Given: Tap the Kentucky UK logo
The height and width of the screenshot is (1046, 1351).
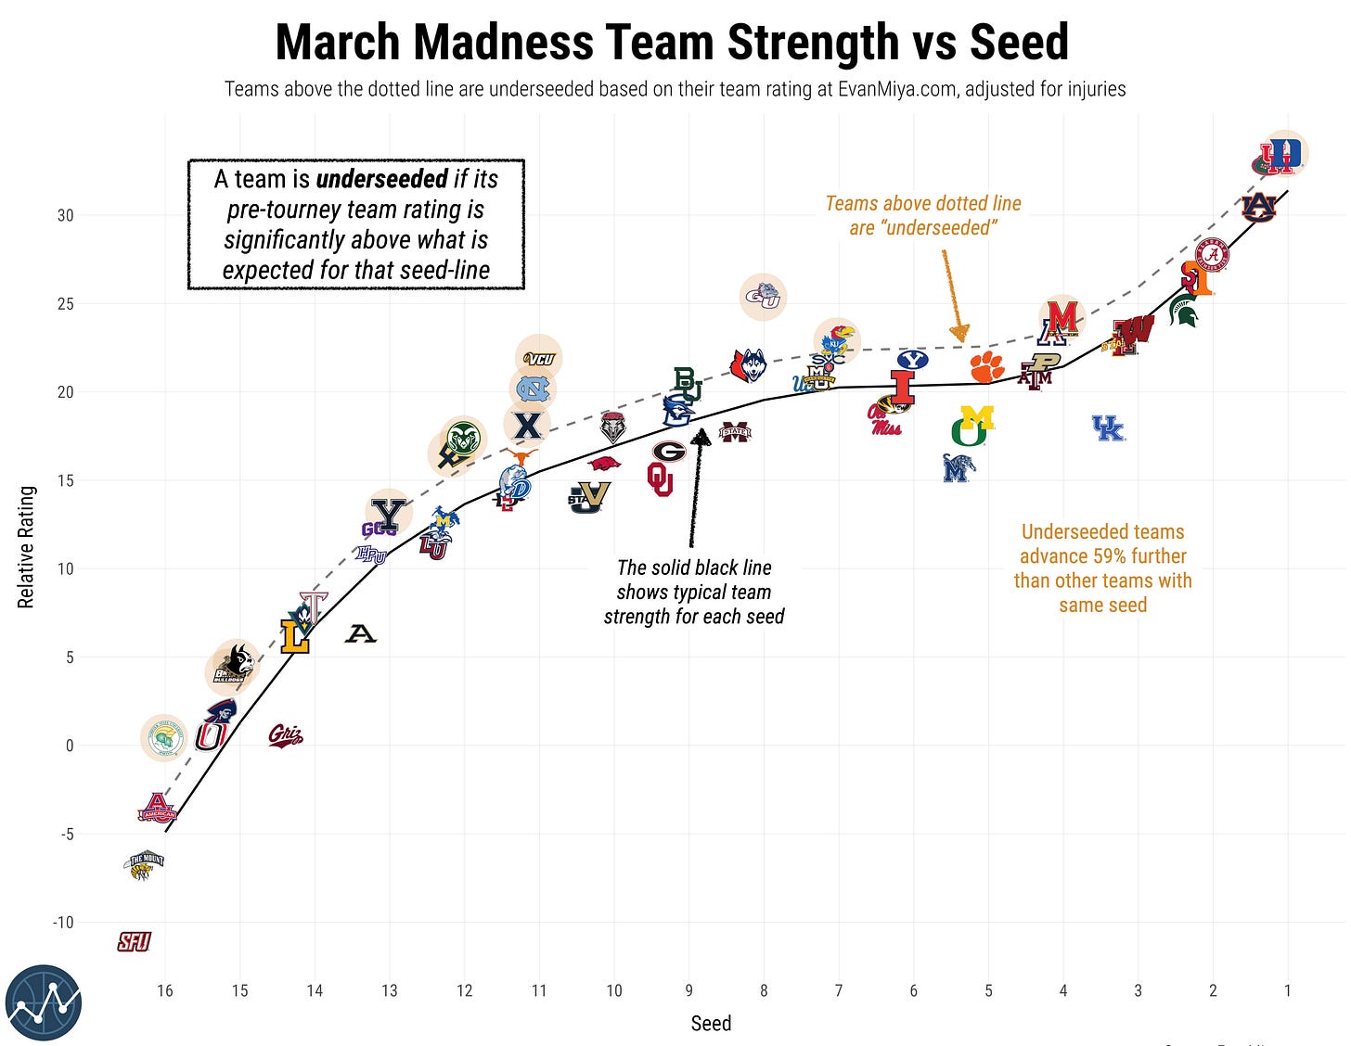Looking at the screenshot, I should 1108,427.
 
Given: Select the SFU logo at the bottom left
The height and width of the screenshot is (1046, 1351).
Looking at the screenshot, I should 134,942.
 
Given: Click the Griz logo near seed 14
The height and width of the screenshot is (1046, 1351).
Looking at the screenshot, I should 285,736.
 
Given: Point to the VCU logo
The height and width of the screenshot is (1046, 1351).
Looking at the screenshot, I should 539,359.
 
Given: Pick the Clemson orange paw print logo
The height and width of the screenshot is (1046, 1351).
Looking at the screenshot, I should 987,367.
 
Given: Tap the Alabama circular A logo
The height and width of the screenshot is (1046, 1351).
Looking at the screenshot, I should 1211,254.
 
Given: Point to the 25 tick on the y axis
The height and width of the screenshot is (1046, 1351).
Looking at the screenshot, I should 64,304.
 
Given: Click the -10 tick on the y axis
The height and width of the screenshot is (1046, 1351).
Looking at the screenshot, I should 61,923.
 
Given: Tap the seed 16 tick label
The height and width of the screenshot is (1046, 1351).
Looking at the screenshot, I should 165,990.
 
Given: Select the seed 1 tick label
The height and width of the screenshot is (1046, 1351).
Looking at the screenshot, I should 1287,990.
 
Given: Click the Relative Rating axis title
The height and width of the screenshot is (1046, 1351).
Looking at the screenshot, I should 26,547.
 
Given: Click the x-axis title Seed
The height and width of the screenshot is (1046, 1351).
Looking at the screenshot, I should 711,1024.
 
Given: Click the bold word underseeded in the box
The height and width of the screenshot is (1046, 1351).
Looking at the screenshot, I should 381,179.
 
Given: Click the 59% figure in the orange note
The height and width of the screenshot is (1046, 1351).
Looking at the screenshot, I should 1101,556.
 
